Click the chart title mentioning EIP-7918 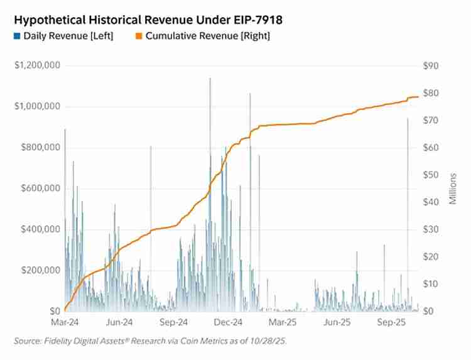pyautogui.click(x=148, y=20)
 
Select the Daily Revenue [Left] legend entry pyautogui.click(x=68, y=36)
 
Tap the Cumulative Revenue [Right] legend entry pyautogui.click(x=207, y=36)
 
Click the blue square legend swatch pyautogui.click(x=17, y=36)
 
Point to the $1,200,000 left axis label pyautogui.click(x=37, y=66)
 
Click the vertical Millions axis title pyautogui.click(x=453, y=188)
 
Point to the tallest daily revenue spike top pyautogui.click(x=210, y=79)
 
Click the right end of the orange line pyautogui.click(x=418, y=97)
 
